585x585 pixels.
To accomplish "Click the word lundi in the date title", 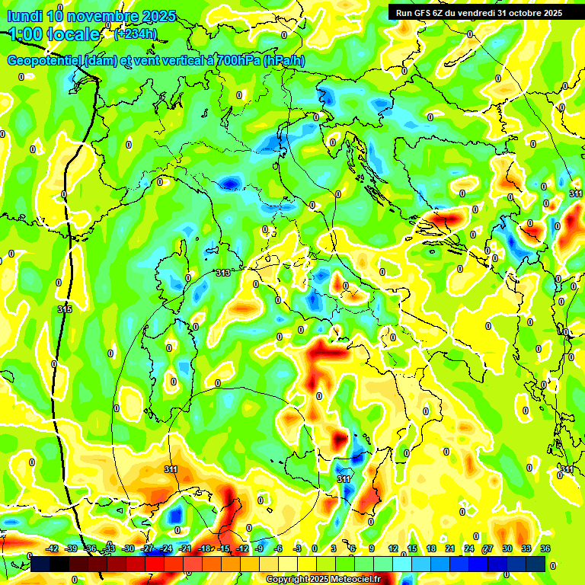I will (x=24, y=16).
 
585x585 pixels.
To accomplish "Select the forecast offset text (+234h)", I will (x=135, y=34).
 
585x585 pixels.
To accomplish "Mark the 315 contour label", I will (x=65, y=309).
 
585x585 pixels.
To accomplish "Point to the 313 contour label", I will (x=222, y=273).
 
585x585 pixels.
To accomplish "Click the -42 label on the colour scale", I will (x=53, y=548).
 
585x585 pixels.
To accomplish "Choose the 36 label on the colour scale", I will (x=545, y=548).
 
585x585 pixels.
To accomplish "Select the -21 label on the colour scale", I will (x=185, y=548).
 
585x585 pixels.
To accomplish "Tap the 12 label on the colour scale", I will (x=392, y=548).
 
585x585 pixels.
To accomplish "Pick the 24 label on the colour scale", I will (x=468, y=548).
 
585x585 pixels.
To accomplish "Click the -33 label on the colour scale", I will (x=110, y=548).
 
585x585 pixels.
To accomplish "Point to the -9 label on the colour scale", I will (x=260, y=548).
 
